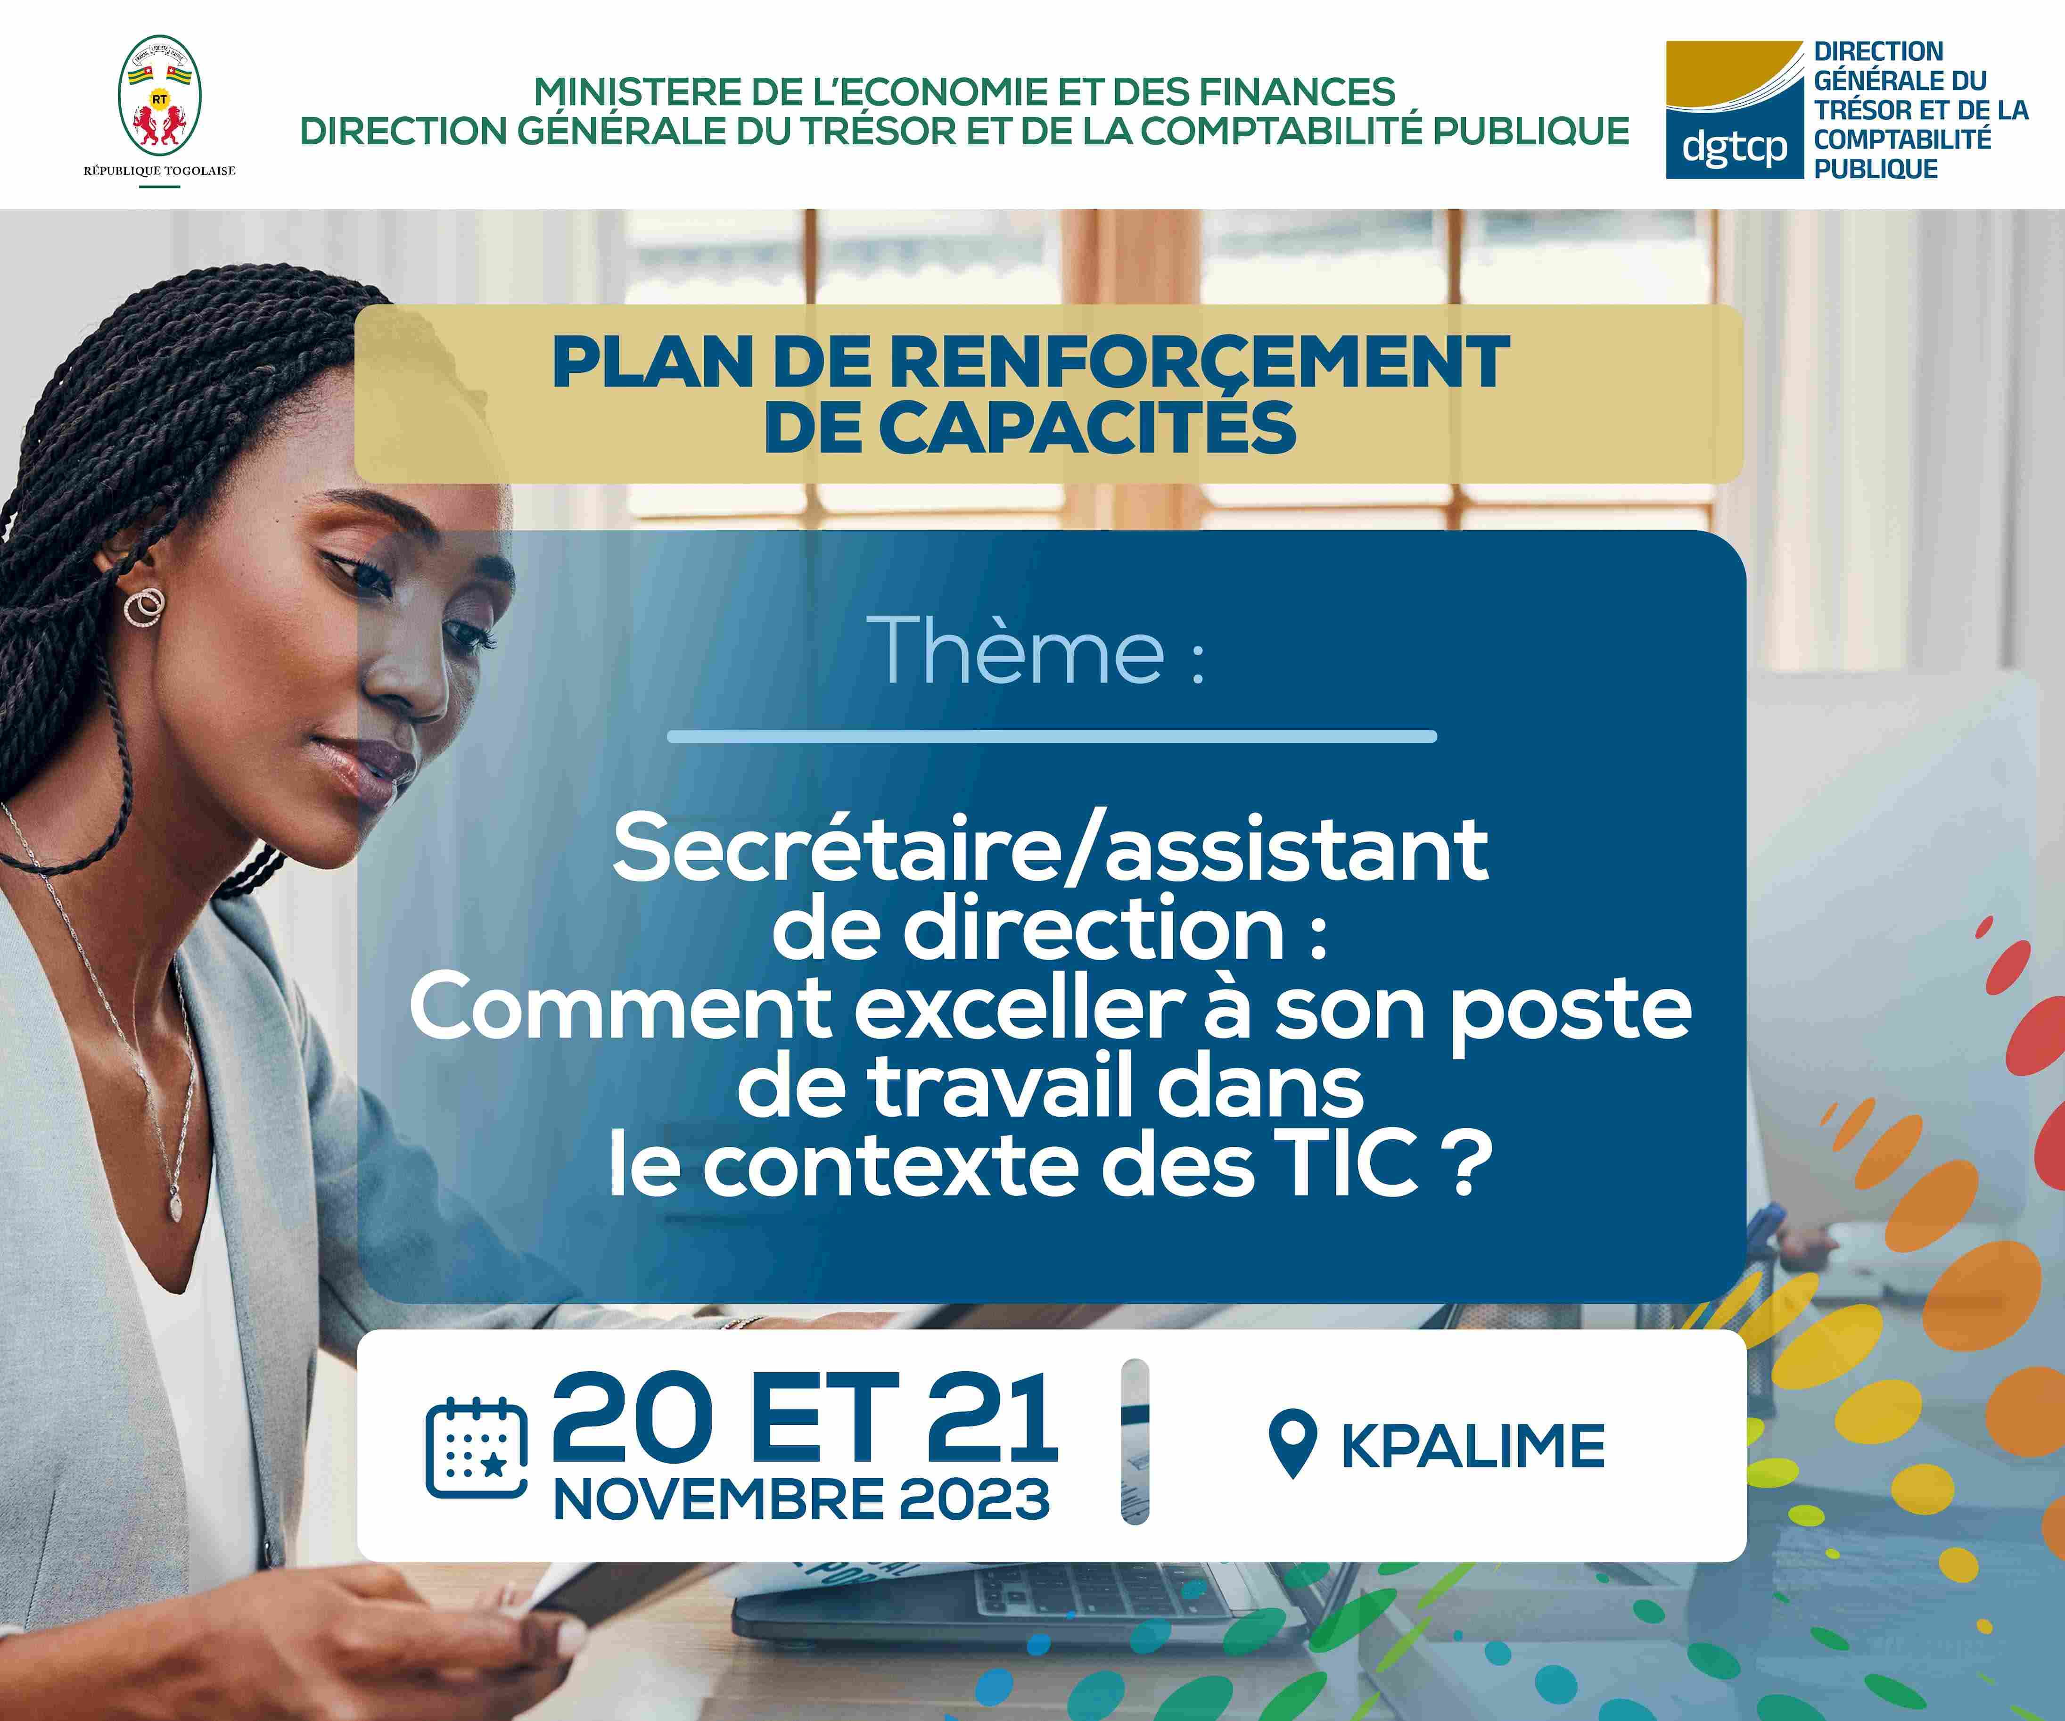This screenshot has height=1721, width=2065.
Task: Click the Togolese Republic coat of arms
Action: coord(159,96)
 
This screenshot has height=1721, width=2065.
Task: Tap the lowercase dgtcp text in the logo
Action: coord(1735,147)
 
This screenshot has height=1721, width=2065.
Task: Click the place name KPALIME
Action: coord(1473,1446)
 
